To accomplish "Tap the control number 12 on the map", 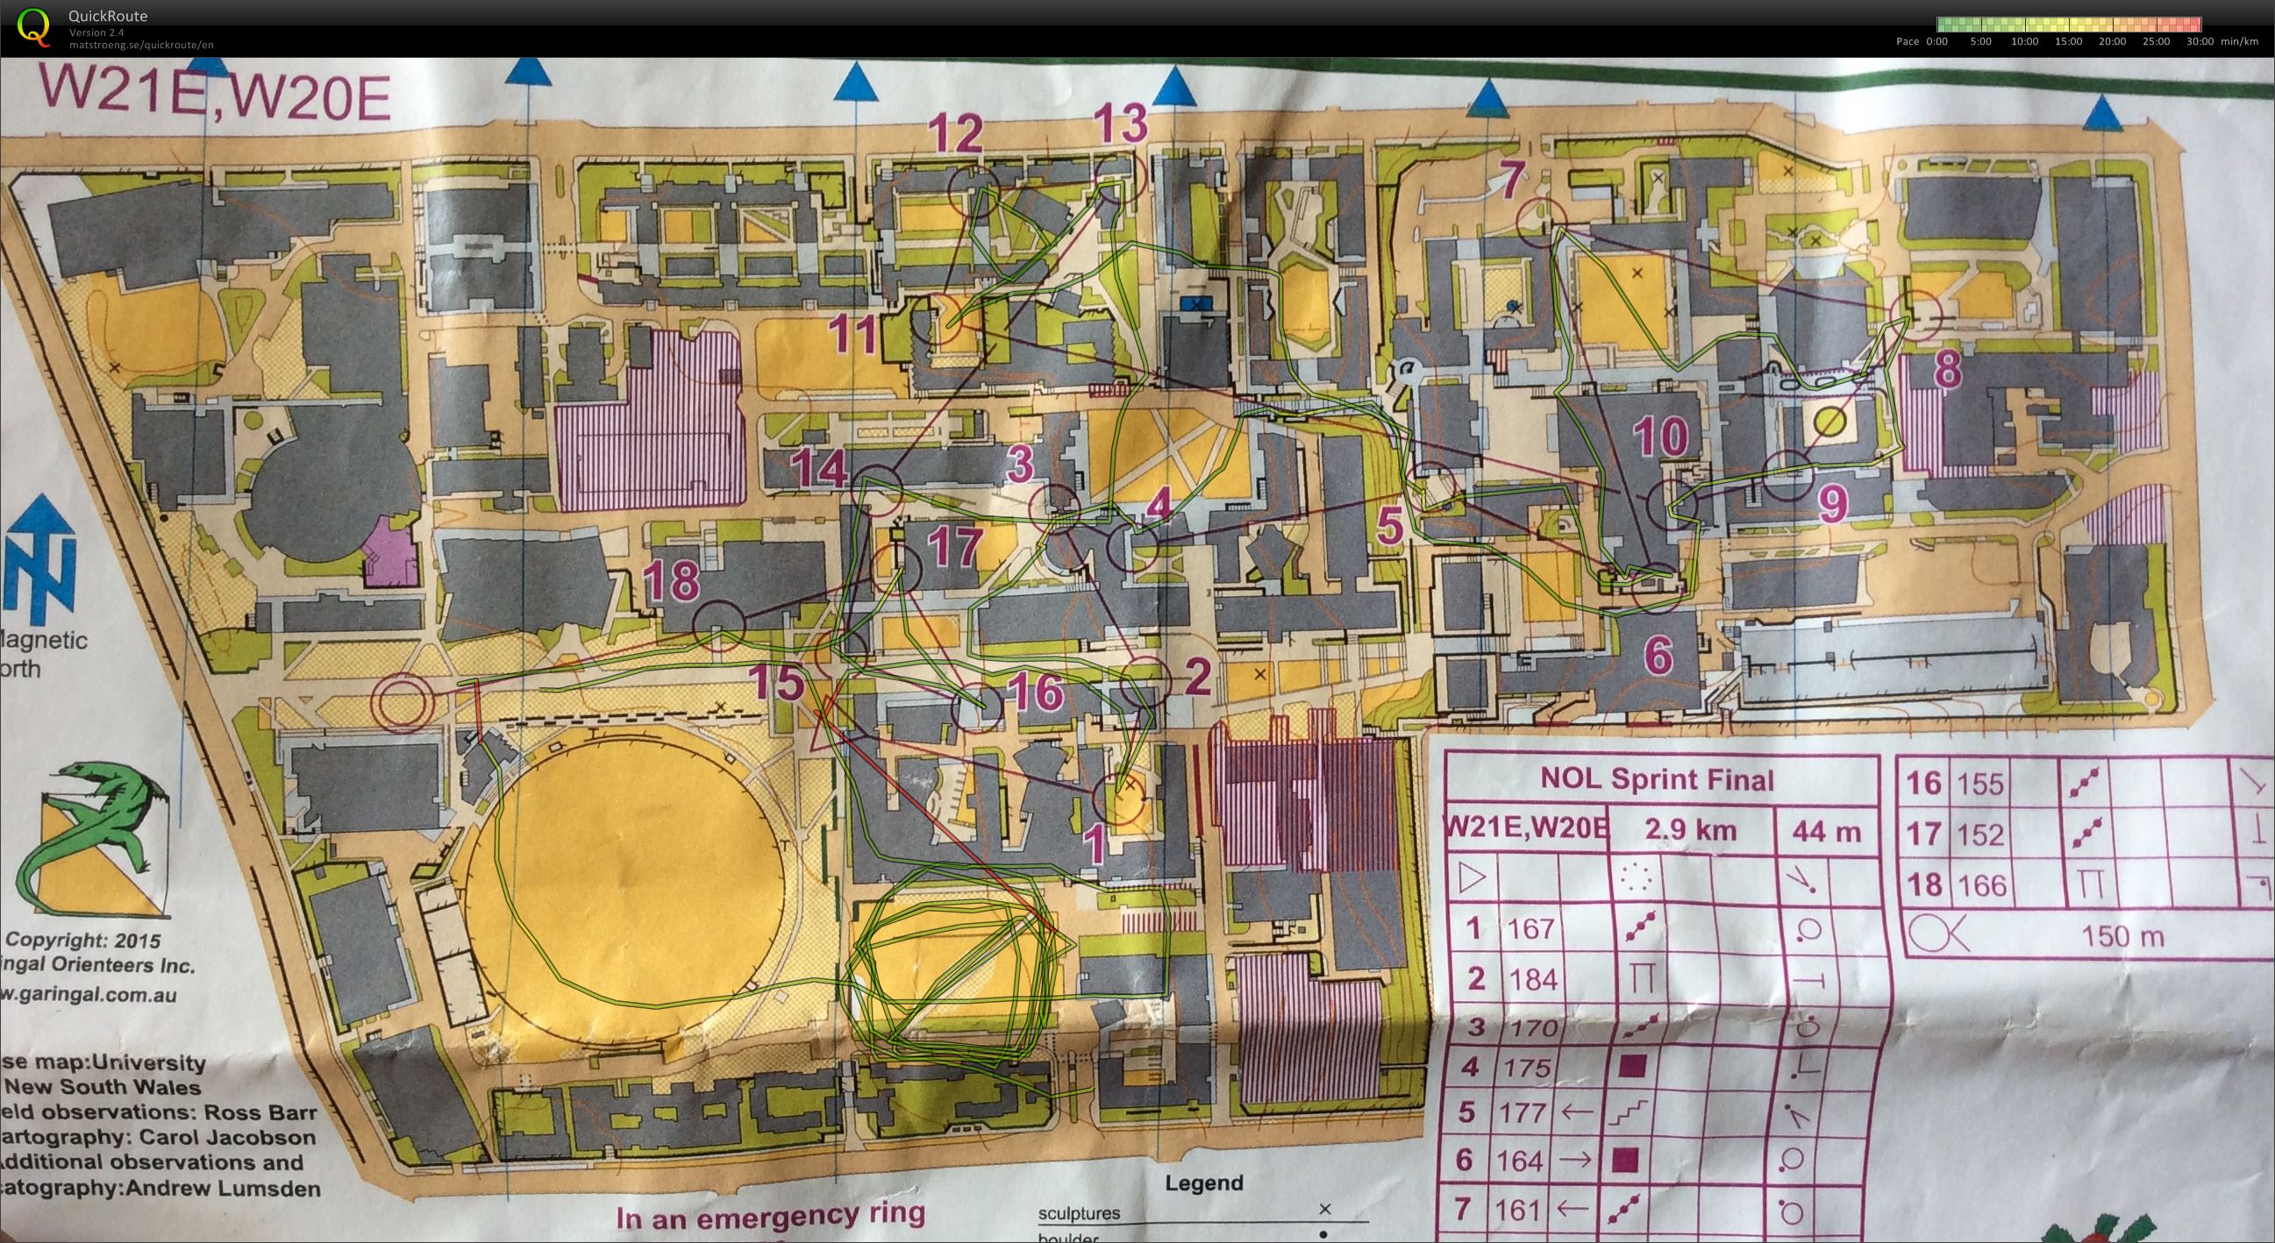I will (959, 134).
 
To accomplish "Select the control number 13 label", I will (1122, 124).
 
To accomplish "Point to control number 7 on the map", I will (1512, 180).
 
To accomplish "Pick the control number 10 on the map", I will (1660, 437).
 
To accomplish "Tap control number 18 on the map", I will (672, 580).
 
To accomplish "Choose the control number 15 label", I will (777, 681).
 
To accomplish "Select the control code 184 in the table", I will (1532, 978).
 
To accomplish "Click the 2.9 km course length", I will (1690, 830).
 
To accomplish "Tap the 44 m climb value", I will (1825, 831).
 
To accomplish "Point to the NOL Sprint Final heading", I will (1657, 779).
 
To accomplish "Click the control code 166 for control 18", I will (1980, 884).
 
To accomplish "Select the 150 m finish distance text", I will (2122, 935).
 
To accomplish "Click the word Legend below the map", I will (1204, 1183).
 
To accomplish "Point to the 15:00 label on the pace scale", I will (2067, 41).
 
